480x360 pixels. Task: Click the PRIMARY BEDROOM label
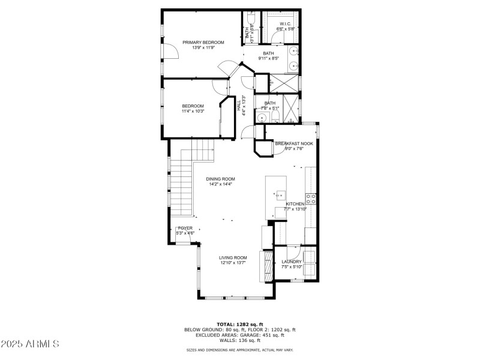coord(203,42)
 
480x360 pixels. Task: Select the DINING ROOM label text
coord(220,179)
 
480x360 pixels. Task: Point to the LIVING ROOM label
coord(233,257)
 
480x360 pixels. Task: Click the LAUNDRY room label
coord(292,262)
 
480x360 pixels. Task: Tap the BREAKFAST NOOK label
coord(294,143)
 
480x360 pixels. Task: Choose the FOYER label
coord(185,228)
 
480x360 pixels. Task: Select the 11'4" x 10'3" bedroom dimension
coord(193,112)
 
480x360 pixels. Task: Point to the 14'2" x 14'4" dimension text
coord(220,184)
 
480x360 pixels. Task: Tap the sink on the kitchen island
coord(280,194)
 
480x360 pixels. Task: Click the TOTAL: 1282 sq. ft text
coord(240,324)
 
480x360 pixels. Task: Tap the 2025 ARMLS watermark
coord(30,344)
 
